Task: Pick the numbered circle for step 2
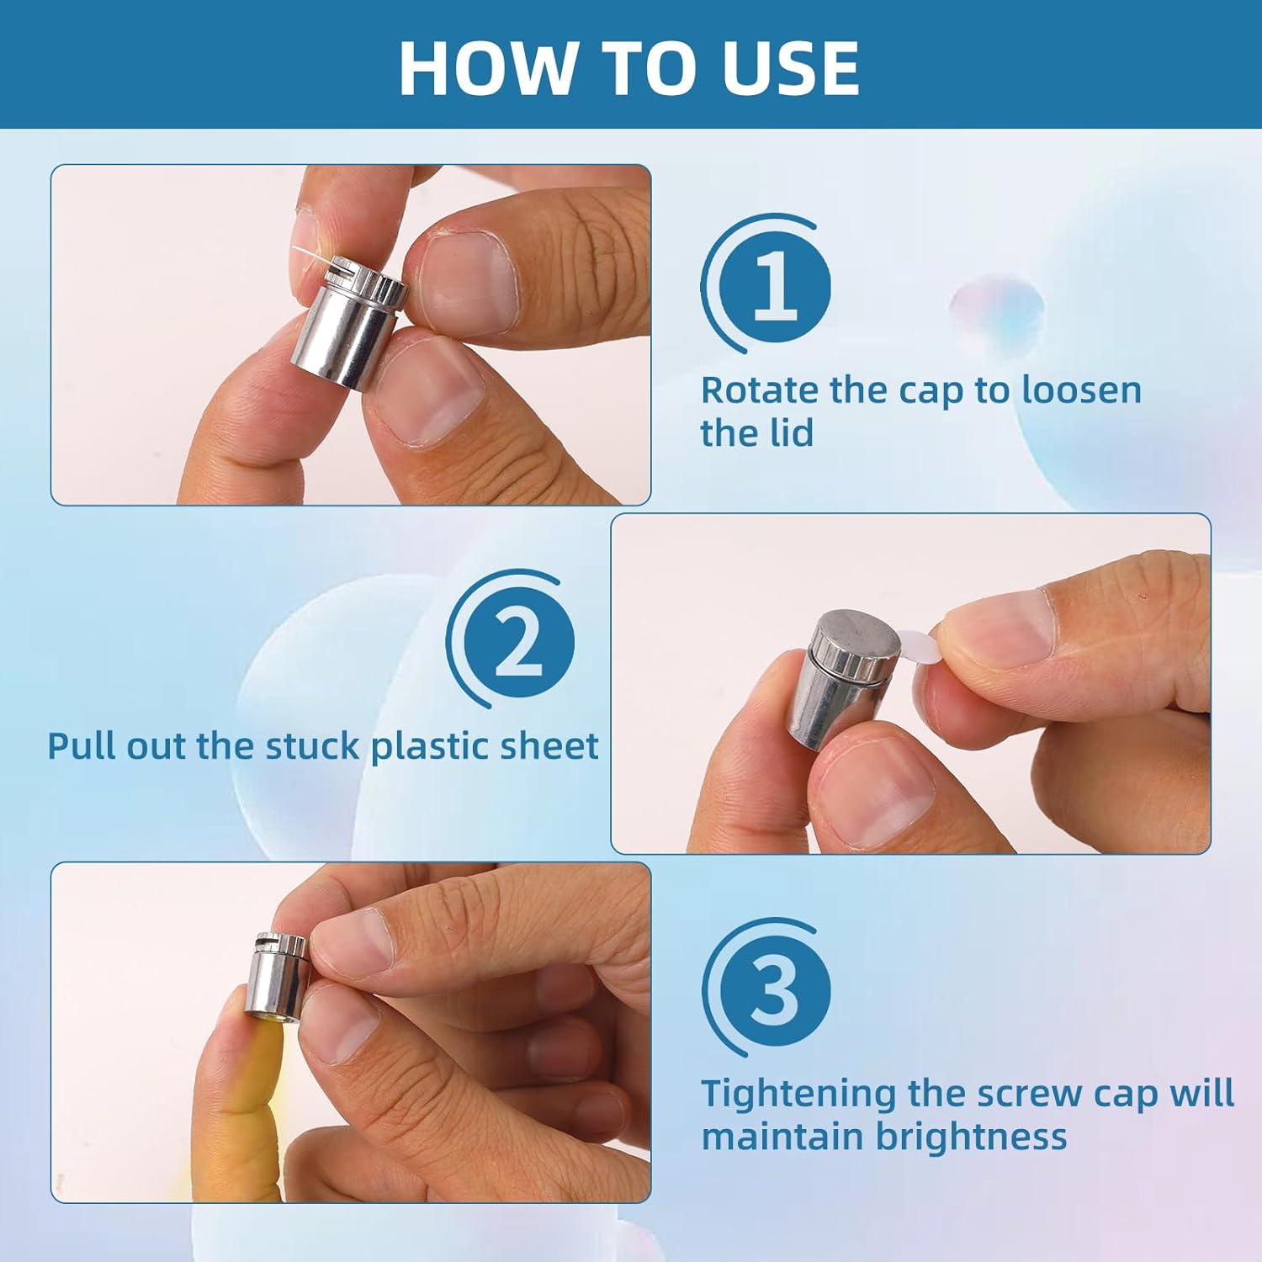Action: click(518, 642)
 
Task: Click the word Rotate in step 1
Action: click(761, 390)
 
